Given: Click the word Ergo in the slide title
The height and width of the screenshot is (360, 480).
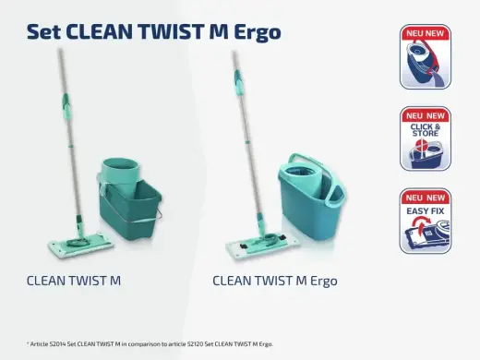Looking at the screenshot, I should click(251, 32).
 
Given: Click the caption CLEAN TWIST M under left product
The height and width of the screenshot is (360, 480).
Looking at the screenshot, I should click(73, 279).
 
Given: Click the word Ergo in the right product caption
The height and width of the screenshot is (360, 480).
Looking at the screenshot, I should click(318, 279).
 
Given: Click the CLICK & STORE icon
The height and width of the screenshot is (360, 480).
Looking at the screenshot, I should click(426, 138).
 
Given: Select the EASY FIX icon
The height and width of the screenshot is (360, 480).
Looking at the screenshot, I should click(426, 221).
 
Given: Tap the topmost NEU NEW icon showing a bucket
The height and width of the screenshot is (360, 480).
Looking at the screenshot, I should click(426, 56).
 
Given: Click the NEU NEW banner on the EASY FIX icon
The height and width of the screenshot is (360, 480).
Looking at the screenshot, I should click(426, 197).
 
